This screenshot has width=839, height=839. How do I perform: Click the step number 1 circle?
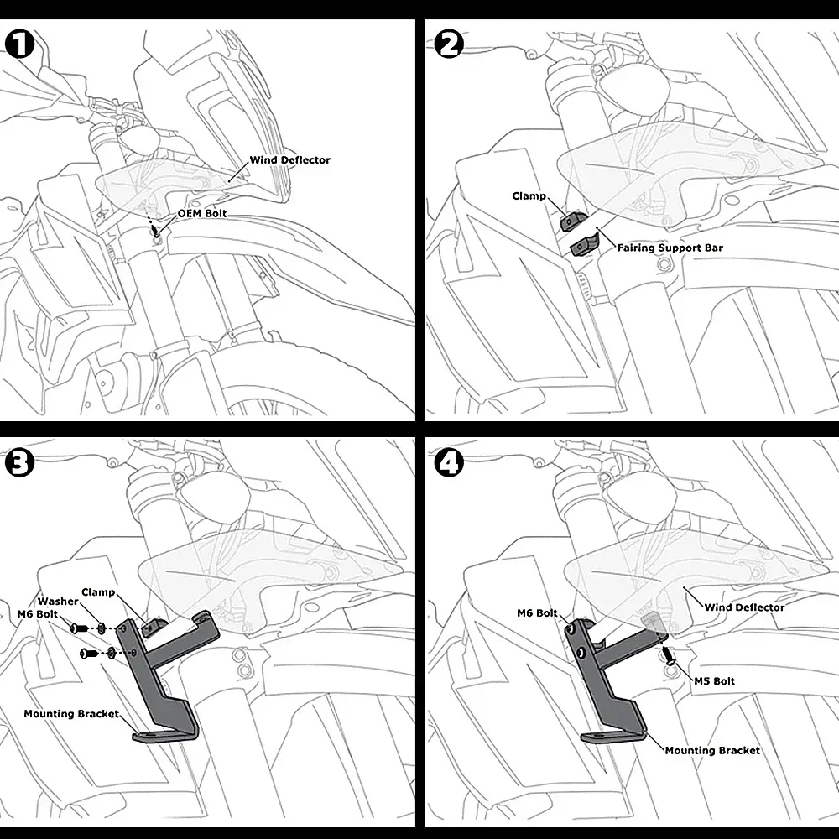pyautogui.click(x=20, y=44)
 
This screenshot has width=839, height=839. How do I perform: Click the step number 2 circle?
pyautogui.click(x=449, y=44)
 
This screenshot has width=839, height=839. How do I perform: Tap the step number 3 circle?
pyautogui.click(x=20, y=463)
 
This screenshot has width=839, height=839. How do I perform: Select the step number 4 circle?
pyautogui.click(x=449, y=463)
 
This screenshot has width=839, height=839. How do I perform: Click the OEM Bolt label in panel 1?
pyautogui.click(x=202, y=213)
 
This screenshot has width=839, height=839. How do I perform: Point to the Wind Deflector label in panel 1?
pyautogui.click(x=290, y=160)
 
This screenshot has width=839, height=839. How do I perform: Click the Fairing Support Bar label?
pyautogui.click(x=670, y=248)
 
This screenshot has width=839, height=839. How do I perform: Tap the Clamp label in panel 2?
pyautogui.click(x=529, y=196)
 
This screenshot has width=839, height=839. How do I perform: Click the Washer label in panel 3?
pyautogui.click(x=58, y=602)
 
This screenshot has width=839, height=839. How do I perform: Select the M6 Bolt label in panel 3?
pyautogui.click(x=38, y=614)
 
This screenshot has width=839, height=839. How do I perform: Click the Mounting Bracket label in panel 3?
pyautogui.click(x=71, y=714)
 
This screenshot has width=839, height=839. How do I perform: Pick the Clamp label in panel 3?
pyautogui.click(x=98, y=592)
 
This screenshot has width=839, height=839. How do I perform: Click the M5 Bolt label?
pyautogui.click(x=714, y=681)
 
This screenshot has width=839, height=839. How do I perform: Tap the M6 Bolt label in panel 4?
pyautogui.click(x=537, y=613)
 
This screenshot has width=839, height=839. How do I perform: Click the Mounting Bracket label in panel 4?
pyautogui.click(x=712, y=751)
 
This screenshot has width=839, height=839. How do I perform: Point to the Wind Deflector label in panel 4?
pyautogui.click(x=744, y=607)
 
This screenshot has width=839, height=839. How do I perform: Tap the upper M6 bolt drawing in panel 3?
pyautogui.click(x=79, y=627)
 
